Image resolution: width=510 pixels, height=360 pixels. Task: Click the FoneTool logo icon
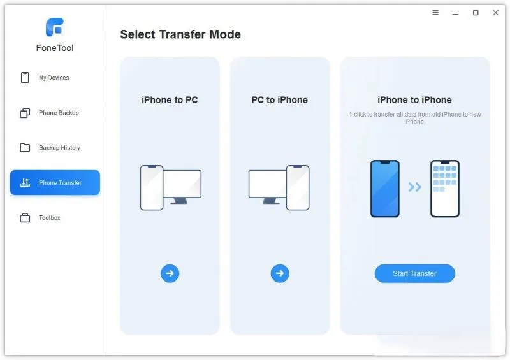[x=55, y=27]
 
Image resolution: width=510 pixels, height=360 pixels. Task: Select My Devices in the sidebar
[x=54, y=78]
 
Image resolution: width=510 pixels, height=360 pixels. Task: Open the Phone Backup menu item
[x=59, y=113]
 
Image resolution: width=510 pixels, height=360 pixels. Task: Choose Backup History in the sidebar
[x=59, y=148]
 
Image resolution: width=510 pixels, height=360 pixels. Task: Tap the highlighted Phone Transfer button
[x=55, y=182]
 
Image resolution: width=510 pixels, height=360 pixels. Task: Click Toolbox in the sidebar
[x=50, y=217]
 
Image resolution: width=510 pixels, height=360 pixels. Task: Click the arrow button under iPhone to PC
[x=170, y=273]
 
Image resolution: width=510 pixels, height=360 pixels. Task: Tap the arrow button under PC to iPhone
[x=280, y=273]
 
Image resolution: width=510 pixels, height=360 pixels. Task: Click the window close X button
[x=496, y=13]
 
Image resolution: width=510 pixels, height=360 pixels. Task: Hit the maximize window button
[x=476, y=13]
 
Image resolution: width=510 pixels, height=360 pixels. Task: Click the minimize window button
[x=455, y=14]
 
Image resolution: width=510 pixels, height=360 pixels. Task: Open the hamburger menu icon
[x=435, y=12]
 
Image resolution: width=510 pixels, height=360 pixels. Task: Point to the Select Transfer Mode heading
[x=180, y=34]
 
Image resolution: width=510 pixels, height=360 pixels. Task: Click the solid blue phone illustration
[x=385, y=189]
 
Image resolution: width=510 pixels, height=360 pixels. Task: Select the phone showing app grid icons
[x=444, y=189]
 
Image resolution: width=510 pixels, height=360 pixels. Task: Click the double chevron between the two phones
[x=415, y=187]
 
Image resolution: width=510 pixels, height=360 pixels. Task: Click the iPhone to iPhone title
[x=414, y=100]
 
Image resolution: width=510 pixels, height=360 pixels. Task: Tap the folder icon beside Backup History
[x=25, y=147]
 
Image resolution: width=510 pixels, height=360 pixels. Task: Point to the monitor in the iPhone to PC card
[x=182, y=187]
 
